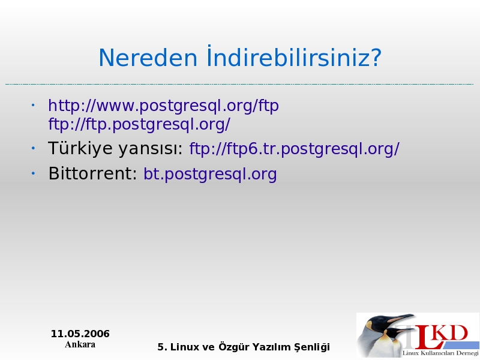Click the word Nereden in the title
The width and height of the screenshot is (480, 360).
point(148,58)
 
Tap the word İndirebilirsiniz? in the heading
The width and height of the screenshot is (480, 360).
point(294,56)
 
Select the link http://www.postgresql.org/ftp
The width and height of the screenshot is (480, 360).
point(163,106)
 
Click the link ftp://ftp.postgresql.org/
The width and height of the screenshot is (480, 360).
point(139,125)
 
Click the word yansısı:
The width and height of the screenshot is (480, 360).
point(151,149)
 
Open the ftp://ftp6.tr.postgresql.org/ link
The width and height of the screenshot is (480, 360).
point(295,149)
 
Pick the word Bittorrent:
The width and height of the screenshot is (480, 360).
point(93,173)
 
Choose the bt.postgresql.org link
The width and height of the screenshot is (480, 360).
point(211,174)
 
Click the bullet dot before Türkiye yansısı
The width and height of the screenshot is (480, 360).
point(33,148)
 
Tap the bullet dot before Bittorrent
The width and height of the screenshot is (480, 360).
point(33,173)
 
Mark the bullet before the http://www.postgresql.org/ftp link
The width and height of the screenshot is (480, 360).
point(33,106)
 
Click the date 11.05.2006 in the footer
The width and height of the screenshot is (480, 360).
point(80,334)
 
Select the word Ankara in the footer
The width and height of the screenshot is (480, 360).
point(80,344)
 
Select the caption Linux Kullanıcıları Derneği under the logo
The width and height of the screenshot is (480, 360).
point(440,353)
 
